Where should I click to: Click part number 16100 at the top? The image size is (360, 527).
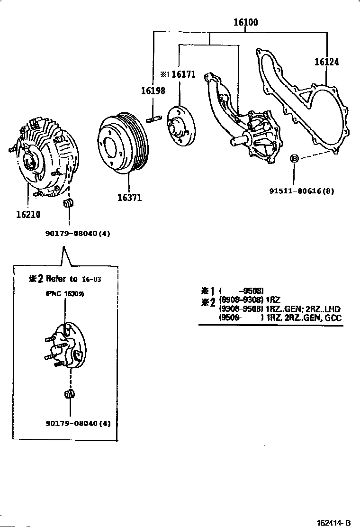[245, 22]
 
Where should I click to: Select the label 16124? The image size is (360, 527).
[327, 62]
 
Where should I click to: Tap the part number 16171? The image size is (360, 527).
[183, 74]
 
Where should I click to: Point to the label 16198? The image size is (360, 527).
[153, 91]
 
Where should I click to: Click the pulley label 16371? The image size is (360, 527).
[129, 198]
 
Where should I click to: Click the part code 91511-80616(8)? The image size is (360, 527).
[302, 191]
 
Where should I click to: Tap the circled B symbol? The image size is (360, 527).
[294, 159]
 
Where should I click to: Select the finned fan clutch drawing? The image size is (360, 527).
[45, 159]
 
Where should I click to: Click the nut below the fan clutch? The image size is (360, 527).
[69, 204]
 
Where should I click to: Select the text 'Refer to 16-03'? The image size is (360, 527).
[73, 279]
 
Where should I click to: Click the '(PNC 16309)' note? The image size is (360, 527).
[65, 294]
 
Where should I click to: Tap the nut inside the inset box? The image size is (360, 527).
[69, 394]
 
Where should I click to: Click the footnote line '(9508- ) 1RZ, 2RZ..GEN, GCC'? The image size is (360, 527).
[279, 318]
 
